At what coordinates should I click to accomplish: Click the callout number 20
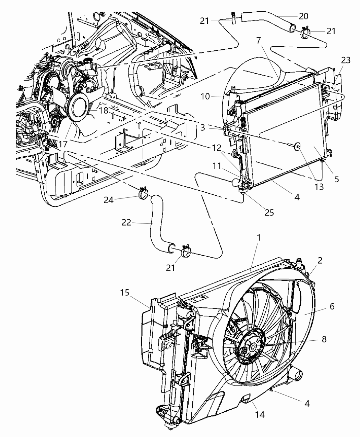303,16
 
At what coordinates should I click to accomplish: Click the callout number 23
346,61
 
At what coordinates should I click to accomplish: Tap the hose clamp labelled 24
144,194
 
